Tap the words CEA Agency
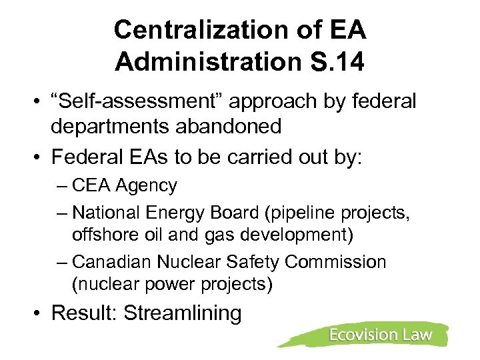tap(125, 185)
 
